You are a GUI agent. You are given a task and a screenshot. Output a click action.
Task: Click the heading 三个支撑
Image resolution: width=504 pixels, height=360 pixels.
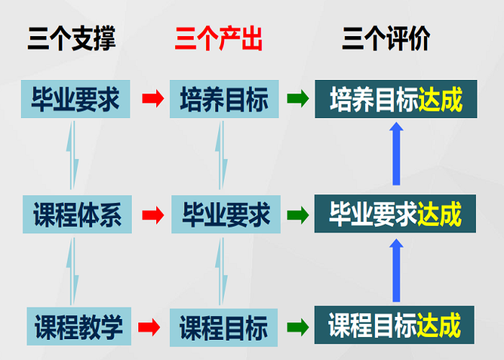[71, 38]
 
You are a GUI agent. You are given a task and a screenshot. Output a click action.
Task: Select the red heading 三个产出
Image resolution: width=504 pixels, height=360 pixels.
[218, 38]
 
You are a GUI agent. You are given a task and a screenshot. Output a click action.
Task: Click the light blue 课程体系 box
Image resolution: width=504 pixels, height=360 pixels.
[77, 215]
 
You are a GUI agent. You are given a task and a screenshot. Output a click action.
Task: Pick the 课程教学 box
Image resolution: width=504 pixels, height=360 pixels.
[78, 327]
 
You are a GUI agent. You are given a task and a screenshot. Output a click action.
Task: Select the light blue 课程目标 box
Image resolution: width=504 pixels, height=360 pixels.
[224, 327]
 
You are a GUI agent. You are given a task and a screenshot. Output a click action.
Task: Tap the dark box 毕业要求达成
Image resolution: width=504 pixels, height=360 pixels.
[395, 215]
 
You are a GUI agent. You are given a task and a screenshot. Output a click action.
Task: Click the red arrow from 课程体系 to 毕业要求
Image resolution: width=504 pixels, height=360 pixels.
[152, 215]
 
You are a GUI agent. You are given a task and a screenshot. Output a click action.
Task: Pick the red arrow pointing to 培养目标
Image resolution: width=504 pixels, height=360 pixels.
[152, 99]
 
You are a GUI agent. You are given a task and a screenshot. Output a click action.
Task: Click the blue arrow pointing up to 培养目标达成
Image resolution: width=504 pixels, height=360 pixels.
[395, 154]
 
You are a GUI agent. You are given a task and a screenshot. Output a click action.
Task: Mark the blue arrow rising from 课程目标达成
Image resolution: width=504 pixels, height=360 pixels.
[395, 270]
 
